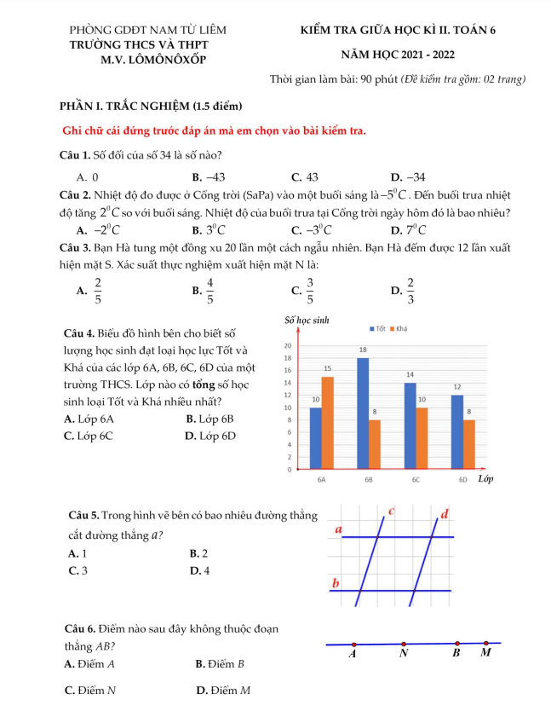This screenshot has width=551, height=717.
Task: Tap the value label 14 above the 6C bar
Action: click(410, 374)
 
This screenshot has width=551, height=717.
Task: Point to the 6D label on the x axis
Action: click(463, 480)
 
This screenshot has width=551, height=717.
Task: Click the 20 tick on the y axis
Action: click(288, 345)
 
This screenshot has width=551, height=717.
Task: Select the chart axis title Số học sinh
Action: click(305, 321)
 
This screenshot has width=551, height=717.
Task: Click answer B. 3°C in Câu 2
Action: click(209, 230)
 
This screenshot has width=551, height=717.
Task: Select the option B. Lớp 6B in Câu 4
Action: click(209, 419)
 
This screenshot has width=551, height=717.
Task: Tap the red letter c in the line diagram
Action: click(392, 511)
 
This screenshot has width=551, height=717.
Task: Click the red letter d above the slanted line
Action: click(444, 513)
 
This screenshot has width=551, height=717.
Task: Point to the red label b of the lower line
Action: click(336, 584)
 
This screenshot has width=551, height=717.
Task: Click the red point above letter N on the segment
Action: click(403, 645)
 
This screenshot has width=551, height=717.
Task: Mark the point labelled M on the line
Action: click(486, 643)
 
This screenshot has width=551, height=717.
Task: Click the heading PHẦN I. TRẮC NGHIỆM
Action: click(152, 107)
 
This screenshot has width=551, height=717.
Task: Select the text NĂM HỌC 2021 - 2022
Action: click(397, 54)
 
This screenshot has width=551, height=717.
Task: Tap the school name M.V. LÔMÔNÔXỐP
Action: click(152, 59)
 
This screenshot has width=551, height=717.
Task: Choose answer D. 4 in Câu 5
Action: click(200, 570)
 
